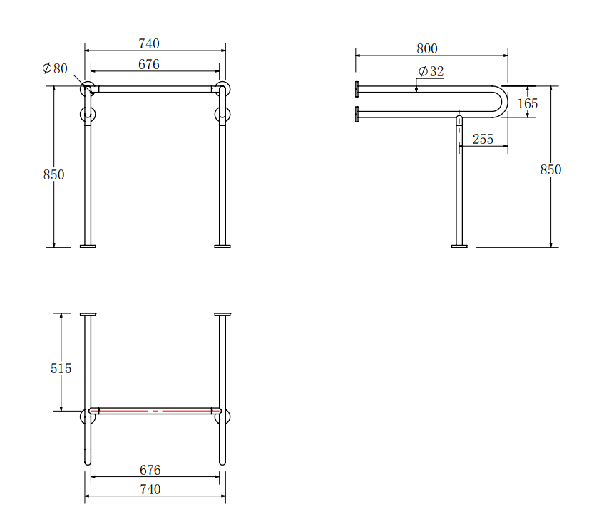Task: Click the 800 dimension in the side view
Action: tap(427, 49)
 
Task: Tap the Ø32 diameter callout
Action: tap(431, 72)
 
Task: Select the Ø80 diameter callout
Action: tap(55, 68)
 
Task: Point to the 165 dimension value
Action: tap(528, 103)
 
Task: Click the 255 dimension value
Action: tap(483, 139)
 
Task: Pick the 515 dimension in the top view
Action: tap(61, 368)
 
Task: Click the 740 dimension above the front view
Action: tap(149, 43)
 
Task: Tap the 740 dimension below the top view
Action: tap(150, 489)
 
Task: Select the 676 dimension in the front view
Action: tap(149, 65)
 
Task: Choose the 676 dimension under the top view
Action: tap(150, 470)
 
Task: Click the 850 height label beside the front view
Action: tap(53, 174)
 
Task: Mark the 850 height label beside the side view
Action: tap(550, 169)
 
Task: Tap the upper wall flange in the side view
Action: tap(357, 89)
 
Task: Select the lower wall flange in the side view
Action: tap(357, 113)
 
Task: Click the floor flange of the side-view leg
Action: tap(459, 246)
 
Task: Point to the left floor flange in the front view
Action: tap(88, 246)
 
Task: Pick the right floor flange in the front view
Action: tap(222, 246)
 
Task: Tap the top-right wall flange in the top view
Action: tap(222, 314)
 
